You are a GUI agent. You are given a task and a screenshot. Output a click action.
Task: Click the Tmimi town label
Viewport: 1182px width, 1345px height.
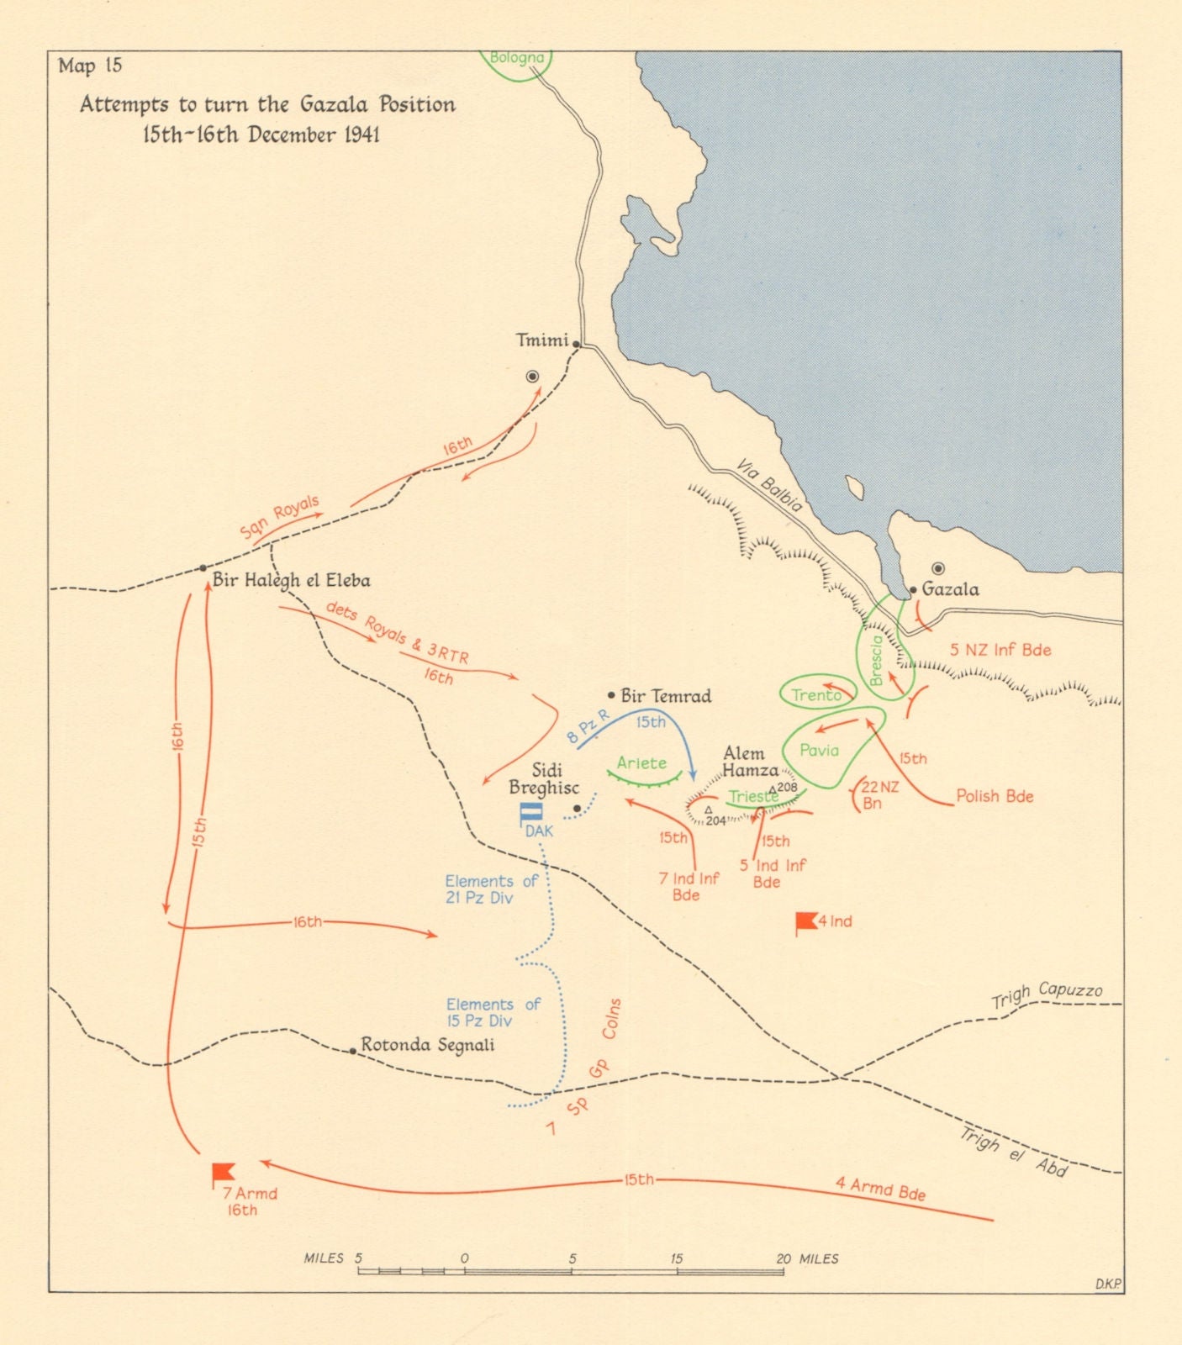tap(541, 340)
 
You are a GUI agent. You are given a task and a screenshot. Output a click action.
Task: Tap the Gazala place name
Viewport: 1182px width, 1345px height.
tap(950, 589)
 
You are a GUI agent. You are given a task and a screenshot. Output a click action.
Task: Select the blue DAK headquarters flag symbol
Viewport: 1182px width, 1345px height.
tap(531, 813)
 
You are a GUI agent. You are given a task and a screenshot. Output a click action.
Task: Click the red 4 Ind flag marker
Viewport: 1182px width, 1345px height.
tap(806, 921)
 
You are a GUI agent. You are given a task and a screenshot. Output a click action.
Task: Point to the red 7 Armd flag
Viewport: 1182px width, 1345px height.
tap(223, 1172)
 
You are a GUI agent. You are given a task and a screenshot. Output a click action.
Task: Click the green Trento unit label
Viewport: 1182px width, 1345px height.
tap(815, 695)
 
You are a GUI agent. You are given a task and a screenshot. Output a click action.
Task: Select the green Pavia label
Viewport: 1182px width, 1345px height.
tap(819, 750)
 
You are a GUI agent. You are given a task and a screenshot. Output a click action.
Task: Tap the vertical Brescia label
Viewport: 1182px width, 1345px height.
tap(877, 660)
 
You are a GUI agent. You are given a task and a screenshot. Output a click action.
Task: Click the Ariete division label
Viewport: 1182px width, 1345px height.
tap(641, 762)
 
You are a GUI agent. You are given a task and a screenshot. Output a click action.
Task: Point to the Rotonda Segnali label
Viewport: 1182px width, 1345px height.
tap(427, 1045)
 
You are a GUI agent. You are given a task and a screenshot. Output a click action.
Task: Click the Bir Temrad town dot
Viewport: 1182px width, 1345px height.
tap(611, 695)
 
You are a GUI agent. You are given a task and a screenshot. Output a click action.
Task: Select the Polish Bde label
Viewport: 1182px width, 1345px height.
tap(995, 796)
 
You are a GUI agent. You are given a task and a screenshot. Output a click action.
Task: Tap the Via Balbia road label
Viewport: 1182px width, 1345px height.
tap(769, 485)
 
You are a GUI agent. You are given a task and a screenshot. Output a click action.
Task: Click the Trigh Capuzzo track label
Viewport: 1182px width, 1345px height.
tap(1047, 994)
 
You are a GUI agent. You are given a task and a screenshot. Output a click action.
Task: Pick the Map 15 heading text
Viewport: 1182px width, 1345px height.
tap(90, 66)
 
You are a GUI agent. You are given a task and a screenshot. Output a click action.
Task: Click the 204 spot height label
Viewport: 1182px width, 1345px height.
tap(715, 820)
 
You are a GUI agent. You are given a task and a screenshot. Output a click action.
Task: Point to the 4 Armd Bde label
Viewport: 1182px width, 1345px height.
tap(880, 1189)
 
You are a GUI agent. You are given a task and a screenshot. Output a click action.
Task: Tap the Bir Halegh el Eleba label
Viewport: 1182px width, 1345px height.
tap(291, 580)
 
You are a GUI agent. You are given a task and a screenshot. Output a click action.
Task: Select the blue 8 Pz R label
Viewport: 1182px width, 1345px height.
tap(587, 728)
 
